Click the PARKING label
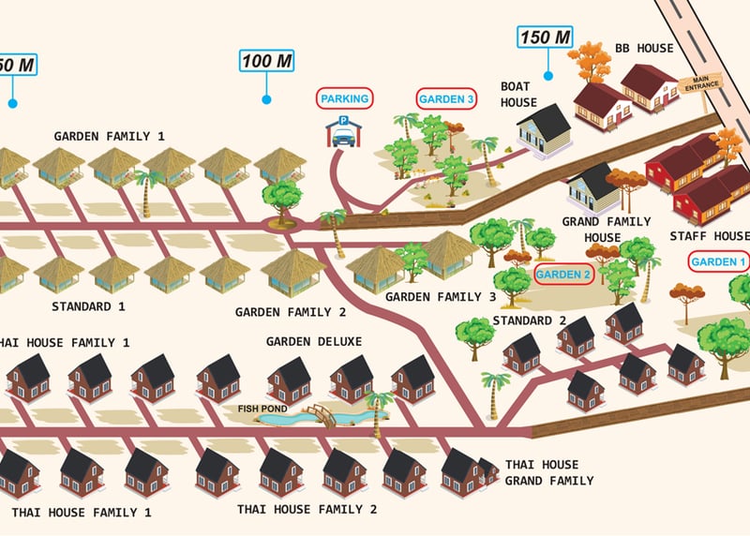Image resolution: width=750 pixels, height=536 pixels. coord(344,97)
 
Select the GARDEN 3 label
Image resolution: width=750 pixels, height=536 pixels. coord(446,98)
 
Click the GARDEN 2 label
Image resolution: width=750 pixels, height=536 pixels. coord(563,275)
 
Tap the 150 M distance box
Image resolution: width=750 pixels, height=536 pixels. coord(545,38)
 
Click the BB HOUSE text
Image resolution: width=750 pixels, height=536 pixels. coord(644,48)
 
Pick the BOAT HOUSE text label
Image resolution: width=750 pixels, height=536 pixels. coord(518,93)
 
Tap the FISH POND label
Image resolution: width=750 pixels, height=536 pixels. coord(259,408)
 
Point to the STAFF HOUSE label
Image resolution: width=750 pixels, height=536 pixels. coord(710,235)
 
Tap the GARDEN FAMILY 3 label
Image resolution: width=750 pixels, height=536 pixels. coord(441,297)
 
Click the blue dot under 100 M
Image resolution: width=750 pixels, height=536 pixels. coord(266,98)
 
